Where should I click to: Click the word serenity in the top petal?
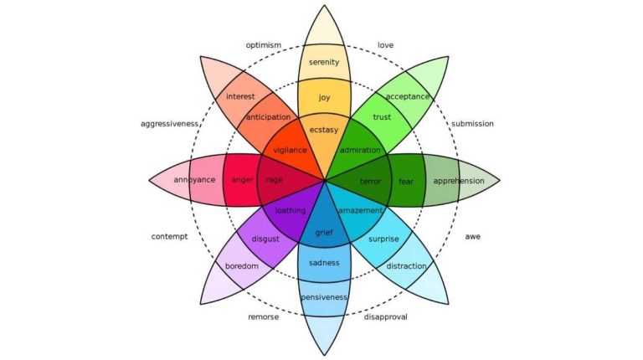[x=324, y=62]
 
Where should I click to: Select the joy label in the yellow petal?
[x=324, y=97]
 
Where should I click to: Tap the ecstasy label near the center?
[x=324, y=130]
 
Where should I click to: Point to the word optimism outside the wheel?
[x=263, y=44]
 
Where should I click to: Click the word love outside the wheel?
[x=385, y=44]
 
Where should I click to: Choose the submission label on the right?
[x=472, y=124]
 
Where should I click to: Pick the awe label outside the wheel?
[x=472, y=236]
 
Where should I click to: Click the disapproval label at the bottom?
[x=385, y=316]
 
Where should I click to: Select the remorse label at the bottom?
[x=263, y=316]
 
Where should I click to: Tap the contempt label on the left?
[x=169, y=236]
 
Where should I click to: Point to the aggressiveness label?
[x=170, y=124]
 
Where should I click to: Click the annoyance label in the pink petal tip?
[x=194, y=180]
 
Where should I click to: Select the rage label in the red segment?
[x=274, y=180]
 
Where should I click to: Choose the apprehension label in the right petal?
[x=458, y=180]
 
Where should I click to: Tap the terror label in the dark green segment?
[x=370, y=181]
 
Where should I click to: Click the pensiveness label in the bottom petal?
[x=324, y=297]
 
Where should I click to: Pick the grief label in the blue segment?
[x=324, y=231]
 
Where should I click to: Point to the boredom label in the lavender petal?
[x=241, y=266]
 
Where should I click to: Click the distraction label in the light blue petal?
[x=407, y=266]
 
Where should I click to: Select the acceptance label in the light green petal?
[x=408, y=96]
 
